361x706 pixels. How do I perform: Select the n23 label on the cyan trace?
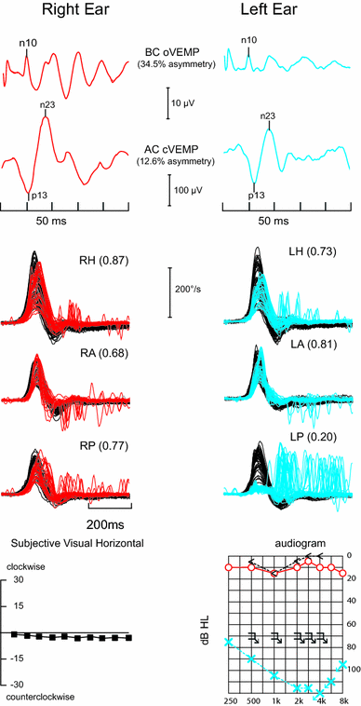tap(267, 116)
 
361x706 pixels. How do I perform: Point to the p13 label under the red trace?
tap(39, 196)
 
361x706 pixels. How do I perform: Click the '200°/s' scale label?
tap(191, 290)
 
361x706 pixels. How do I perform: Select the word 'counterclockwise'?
tap(41, 696)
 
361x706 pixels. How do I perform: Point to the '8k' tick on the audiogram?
tap(342, 699)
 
